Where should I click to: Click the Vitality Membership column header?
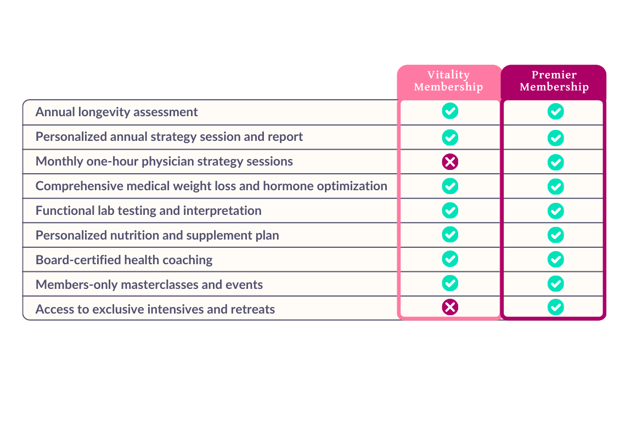click(x=448, y=81)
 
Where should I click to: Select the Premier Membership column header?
click(x=554, y=81)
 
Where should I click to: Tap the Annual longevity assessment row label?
click(x=117, y=112)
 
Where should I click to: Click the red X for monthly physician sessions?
click(x=450, y=161)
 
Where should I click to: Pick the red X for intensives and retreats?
click(x=450, y=308)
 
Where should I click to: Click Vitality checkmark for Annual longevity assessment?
click(x=450, y=111)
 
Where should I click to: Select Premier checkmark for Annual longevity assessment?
click(x=556, y=112)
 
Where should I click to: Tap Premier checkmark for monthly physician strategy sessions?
click(x=556, y=162)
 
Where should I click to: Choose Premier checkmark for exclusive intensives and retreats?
click(x=556, y=308)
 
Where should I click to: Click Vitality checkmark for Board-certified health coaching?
click(x=450, y=259)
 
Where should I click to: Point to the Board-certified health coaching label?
click(x=124, y=260)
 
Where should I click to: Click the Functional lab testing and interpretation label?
click(x=149, y=210)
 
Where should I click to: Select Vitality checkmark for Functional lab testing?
click(x=450, y=210)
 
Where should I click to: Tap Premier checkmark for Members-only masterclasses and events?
click(x=556, y=283)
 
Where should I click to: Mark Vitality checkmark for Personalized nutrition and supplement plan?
click(x=450, y=235)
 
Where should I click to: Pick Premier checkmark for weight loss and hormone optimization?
click(x=556, y=186)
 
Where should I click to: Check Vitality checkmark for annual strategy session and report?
click(x=450, y=136)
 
